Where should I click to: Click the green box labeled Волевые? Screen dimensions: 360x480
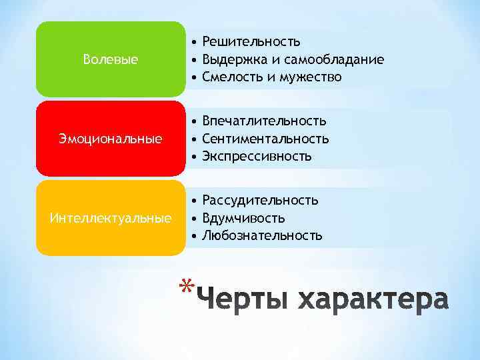click(x=111, y=60)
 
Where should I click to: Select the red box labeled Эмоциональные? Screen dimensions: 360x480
click(x=111, y=139)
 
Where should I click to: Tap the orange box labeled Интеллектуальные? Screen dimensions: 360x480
click(x=111, y=218)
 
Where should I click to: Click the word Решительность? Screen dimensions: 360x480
click(x=251, y=42)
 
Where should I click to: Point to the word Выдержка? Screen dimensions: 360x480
click(x=231, y=60)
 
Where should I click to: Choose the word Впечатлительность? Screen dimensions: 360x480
click(x=264, y=121)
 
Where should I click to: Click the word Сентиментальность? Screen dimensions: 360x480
click(x=265, y=139)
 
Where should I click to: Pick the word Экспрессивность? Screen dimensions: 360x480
click(x=257, y=157)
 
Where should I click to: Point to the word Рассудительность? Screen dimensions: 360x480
click(x=260, y=200)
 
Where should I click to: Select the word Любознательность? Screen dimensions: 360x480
click(x=262, y=235)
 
